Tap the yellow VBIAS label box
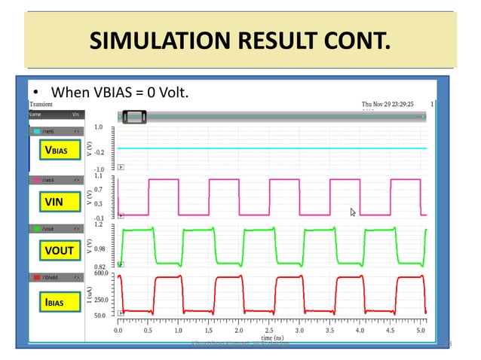tap(57, 151)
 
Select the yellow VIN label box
tap(54, 202)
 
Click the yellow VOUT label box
tap(58, 250)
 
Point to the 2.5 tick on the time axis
tap(270, 330)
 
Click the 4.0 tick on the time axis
tap(360, 330)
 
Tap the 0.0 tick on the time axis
tap(118, 330)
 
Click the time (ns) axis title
tap(271, 338)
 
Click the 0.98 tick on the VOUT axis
tap(101, 248)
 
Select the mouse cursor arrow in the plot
tap(353, 212)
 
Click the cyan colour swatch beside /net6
tap(36, 131)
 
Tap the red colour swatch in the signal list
tap(36, 278)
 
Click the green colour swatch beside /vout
tap(36, 227)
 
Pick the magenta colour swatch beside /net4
tap(36, 180)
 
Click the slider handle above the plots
tap(135, 116)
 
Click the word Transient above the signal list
tap(42, 104)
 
